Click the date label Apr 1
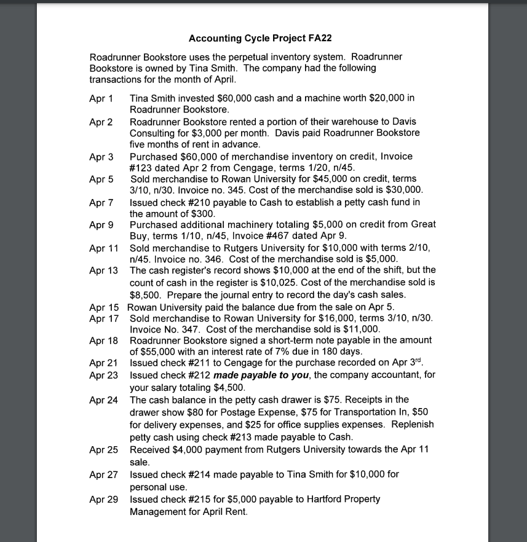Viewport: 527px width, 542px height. [x=101, y=98]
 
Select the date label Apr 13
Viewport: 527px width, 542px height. [x=104, y=270]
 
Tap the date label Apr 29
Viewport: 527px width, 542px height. [x=104, y=499]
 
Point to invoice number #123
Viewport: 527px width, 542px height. [x=142, y=168]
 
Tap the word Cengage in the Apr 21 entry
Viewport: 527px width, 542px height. [x=244, y=364]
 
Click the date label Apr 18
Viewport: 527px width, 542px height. [x=104, y=340]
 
